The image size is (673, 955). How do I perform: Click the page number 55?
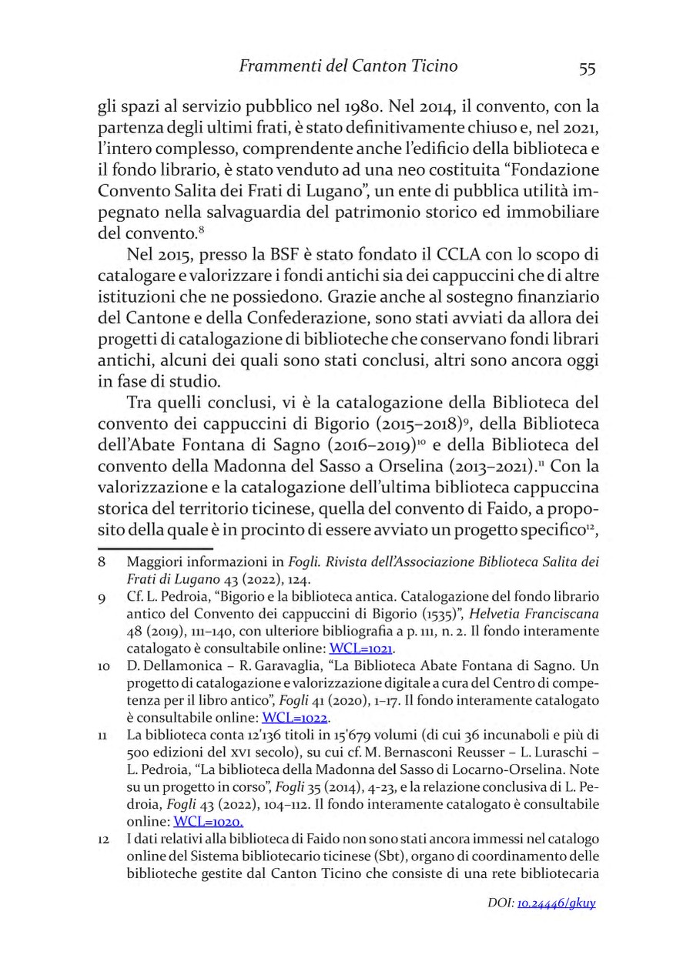587,69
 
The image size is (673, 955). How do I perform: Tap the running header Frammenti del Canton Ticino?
348,67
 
